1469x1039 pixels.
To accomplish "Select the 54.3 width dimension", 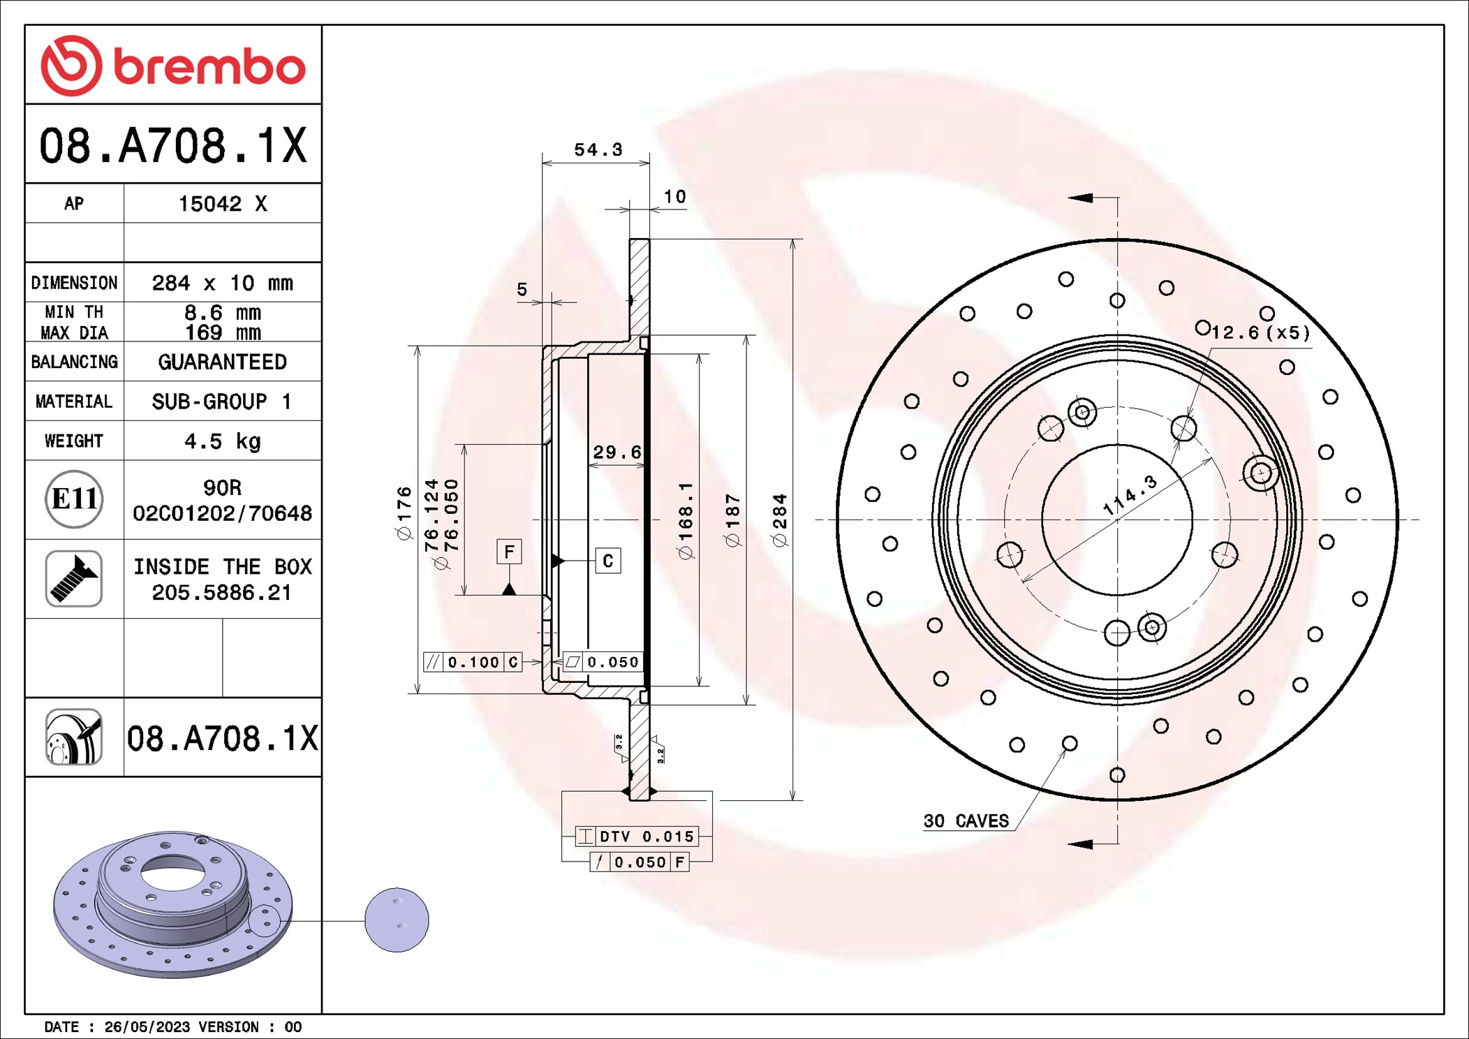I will tap(598, 149).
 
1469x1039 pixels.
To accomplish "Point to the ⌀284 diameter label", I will tap(779, 519).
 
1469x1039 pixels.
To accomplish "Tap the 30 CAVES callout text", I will tap(966, 821).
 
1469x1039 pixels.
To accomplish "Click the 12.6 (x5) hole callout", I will tap(1260, 332).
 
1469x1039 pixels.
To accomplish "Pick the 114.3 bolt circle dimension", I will tap(1130, 495).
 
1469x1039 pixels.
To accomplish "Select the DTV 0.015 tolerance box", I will tap(637, 837).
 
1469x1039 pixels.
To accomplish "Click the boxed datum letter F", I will tap(509, 552).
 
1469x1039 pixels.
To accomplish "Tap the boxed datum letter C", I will tap(607, 561).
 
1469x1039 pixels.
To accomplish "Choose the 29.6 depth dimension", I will tap(617, 452).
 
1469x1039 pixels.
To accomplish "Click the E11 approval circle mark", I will tap(74, 499).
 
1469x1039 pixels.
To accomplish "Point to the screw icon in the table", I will tap(74, 579).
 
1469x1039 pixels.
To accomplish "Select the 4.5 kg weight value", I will tap(222, 441).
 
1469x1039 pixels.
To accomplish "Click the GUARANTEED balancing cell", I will tap(222, 362).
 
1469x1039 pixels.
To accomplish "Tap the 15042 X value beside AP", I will tap(222, 204).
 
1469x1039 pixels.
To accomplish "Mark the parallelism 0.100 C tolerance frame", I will tap(473, 662).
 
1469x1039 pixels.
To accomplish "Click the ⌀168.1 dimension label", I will tap(686, 519).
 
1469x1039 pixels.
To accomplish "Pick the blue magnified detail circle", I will tap(397, 920).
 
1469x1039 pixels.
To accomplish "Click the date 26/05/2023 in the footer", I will tap(147, 1027).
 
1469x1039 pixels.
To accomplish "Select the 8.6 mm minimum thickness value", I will tap(222, 312).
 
